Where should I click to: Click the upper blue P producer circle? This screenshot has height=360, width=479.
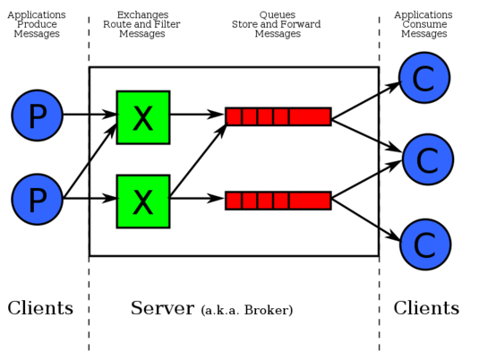(38, 116)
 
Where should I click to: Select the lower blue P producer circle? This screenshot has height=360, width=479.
(38, 199)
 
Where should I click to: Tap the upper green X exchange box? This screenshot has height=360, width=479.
(143, 117)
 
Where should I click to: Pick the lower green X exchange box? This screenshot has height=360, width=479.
(143, 201)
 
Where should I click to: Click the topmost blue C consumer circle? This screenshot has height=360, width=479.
(424, 78)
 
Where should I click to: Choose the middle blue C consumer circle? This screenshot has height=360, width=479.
(428, 159)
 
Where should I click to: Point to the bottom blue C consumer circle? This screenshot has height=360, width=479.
(425, 244)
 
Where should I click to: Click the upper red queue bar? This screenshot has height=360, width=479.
(278, 116)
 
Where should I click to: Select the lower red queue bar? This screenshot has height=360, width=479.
(278, 201)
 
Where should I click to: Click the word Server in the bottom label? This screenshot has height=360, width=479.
(163, 308)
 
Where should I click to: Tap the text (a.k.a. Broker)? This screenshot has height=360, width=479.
(247, 310)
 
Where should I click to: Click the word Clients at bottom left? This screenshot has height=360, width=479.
(40, 307)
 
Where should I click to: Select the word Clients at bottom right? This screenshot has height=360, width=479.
(426, 307)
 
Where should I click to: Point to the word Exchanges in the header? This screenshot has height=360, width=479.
(142, 14)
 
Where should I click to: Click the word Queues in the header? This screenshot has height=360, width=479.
(278, 14)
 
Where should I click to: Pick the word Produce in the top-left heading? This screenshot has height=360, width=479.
(37, 24)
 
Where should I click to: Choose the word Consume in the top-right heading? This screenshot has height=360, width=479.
(424, 24)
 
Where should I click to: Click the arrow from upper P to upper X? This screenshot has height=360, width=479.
(90, 115)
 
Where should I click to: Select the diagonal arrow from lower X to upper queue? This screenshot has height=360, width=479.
(198, 159)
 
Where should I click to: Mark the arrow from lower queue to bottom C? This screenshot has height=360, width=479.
(366, 219)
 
